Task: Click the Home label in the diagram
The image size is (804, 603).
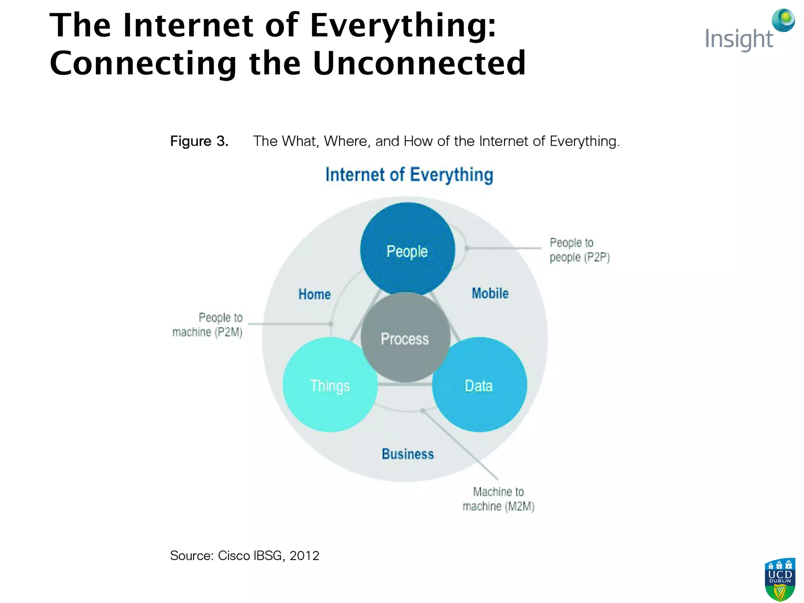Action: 314,294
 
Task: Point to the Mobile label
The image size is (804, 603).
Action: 490,293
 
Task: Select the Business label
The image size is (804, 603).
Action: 407,454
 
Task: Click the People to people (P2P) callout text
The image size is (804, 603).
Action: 579,250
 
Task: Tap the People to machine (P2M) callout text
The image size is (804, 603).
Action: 208,325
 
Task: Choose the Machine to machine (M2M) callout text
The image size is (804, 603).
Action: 498,499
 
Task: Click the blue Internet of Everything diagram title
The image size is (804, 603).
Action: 409,175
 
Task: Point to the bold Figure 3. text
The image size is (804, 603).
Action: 199,141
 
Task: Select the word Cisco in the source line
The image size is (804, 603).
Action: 234,555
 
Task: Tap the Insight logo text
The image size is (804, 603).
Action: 738,39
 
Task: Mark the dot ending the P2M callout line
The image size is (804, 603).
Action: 331,324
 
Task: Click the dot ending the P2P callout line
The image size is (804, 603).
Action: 466,248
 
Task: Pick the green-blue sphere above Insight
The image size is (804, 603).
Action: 783,20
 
